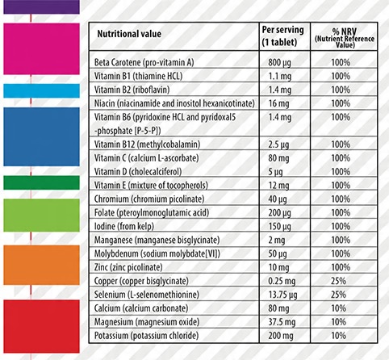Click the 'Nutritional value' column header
pyautogui.click(x=129, y=34)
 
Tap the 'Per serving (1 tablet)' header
pyautogui.click(x=283, y=36)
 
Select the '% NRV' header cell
pyautogui.click(x=345, y=38)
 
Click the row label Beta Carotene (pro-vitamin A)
pyautogui.click(x=144, y=62)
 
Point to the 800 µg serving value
pyautogui.click(x=279, y=63)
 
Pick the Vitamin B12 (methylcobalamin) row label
pyautogui.click(x=147, y=144)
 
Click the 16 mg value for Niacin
pyautogui.click(x=278, y=103)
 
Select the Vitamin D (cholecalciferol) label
pyautogui.click(x=138, y=172)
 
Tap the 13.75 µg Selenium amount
pyautogui.click(x=282, y=295)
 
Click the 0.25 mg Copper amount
pyautogui.click(x=282, y=281)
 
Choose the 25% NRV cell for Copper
pyautogui.click(x=338, y=281)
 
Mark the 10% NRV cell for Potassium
pyautogui.click(x=338, y=336)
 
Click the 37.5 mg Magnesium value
pyautogui.click(x=282, y=322)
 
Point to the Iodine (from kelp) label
pyautogui.click(x=124, y=226)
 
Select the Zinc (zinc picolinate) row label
pyautogui.click(x=128, y=267)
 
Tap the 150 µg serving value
pyautogui.click(x=279, y=227)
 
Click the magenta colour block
pyautogui.click(x=41, y=48)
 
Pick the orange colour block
pyautogui.click(x=41, y=265)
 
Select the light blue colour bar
pyautogui.click(x=41, y=90)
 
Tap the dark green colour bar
pyautogui.click(x=41, y=182)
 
